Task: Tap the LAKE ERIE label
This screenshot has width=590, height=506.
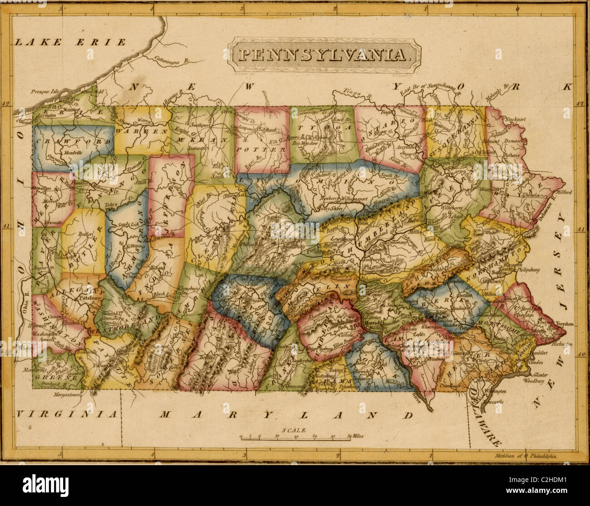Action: click(x=70, y=43)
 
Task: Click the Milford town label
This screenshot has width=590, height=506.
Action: click(x=563, y=192)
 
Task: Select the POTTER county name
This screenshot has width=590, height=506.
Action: click(x=261, y=148)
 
